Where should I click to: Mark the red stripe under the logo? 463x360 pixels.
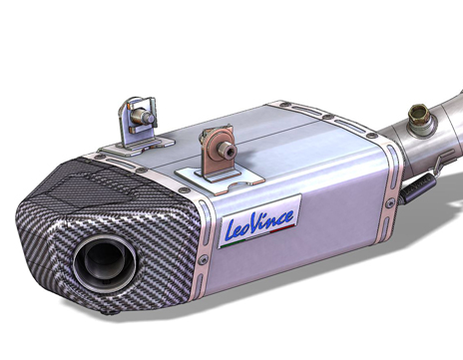pos(282,228)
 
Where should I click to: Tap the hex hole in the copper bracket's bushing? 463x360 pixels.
pos(231,153)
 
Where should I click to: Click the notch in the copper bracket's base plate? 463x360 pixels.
pos(238,185)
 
